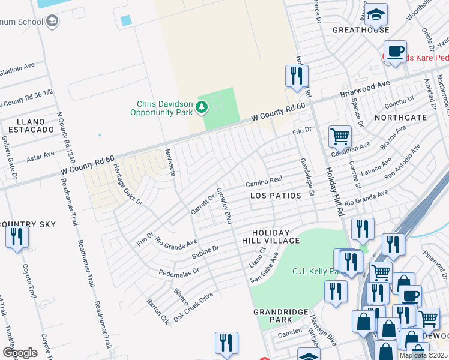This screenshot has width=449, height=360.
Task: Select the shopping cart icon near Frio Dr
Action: [340, 137]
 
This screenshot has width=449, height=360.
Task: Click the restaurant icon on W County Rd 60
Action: [296, 76]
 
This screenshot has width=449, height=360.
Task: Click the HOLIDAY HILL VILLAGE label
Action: [271, 236]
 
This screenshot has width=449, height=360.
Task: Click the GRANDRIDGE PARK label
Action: [280, 316]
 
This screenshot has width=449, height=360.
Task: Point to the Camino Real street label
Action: [264, 181]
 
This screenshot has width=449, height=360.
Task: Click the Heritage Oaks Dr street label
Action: [127, 185]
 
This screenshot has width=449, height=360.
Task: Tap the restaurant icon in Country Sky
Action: [17, 236]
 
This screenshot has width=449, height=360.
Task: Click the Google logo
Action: [20, 353]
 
